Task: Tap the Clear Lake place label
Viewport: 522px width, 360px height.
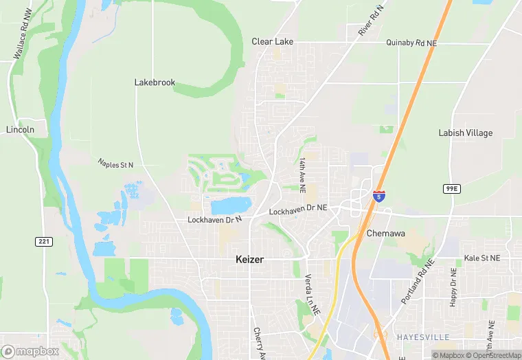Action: (x=272, y=42)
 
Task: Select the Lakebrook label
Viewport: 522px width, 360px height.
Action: (x=155, y=82)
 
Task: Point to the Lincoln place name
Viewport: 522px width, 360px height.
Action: (x=20, y=130)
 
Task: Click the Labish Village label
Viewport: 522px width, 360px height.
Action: (x=465, y=133)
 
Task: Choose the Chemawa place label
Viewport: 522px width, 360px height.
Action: (x=385, y=233)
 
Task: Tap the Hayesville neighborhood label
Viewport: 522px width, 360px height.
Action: (x=422, y=337)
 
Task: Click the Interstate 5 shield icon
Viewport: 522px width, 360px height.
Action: (x=378, y=196)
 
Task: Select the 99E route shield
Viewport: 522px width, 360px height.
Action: (x=451, y=188)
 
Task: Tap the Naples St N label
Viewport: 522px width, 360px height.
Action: (x=115, y=164)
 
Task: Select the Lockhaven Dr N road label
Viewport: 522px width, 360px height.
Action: (x=215, y=220)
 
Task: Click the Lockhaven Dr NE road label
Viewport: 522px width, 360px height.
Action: (x=298, y=210)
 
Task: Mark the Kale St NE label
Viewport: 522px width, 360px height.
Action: (x=481, y=258)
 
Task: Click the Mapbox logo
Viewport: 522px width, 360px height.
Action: (x=30, y=351)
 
